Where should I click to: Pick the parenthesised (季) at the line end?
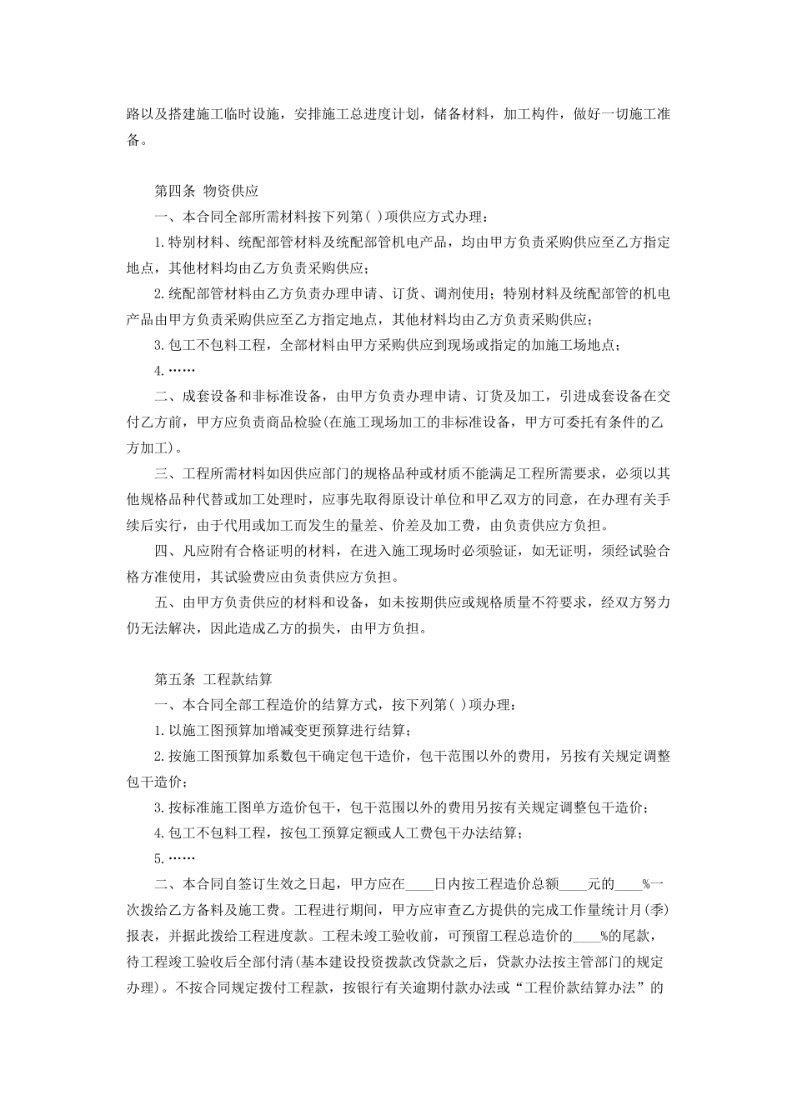click(x=659, y=910)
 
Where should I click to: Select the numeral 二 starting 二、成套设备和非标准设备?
click(x=161, y=397)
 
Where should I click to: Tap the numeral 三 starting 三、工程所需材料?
click(x=161, y=474)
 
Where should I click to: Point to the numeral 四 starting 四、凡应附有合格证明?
click(x=161, y=551)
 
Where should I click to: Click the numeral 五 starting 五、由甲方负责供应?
click(x=161, y=602)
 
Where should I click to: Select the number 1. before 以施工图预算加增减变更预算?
click(x=159, y=731)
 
